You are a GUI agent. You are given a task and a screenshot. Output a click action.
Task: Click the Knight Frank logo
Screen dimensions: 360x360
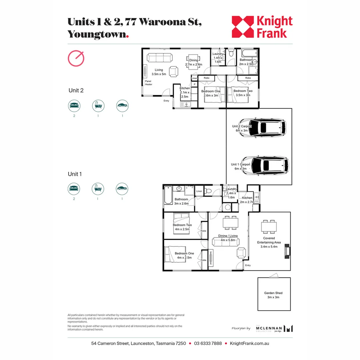click(x=262, y=27)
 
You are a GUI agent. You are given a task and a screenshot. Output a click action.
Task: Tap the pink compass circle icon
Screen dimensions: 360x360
click(x=76, y=59)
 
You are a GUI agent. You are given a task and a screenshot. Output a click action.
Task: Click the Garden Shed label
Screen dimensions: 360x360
click(x=273, y=295)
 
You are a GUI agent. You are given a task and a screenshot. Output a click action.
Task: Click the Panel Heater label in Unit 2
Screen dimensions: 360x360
click(x=148, y=83)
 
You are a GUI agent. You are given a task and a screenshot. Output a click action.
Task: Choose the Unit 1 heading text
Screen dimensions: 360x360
click(x=75, y=174)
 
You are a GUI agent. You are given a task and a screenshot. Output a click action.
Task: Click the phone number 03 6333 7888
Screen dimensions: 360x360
click(x=208, y=343)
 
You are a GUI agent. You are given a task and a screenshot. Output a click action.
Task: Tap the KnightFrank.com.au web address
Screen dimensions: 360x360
click(x=249, y=343)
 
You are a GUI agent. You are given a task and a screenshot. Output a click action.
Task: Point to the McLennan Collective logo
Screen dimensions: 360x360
click(x=274, y=328)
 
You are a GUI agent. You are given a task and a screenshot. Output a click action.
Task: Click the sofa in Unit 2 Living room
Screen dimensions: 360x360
click(x=160, y=58)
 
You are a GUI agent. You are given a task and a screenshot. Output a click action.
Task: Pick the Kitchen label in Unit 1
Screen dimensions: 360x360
click(x=247, y=198)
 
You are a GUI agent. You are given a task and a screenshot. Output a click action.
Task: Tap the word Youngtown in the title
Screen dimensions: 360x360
click(x=97, y=34)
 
